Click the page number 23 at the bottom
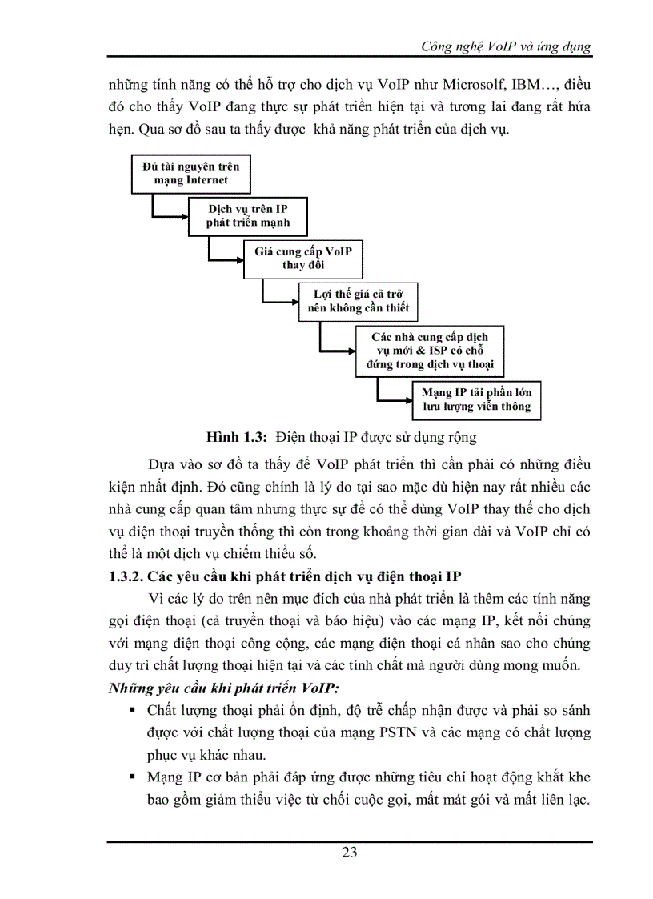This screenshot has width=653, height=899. pyautogui.click(x=350, y=852)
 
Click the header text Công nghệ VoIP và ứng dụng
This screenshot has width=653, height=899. pyautogui.click(x=506, y=46)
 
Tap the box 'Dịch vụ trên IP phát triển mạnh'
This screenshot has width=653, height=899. pyautogui.click(x=247, y=216)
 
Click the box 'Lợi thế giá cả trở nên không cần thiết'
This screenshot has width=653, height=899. pyautogui.click(x=358, y=300)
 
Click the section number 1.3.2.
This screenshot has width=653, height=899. pyautogui.click(x=130, y=576)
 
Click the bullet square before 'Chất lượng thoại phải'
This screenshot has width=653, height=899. pyautogui.click(x=133, y=710)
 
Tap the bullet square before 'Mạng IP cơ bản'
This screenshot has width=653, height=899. pyautogui.click(x=133, y=777)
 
